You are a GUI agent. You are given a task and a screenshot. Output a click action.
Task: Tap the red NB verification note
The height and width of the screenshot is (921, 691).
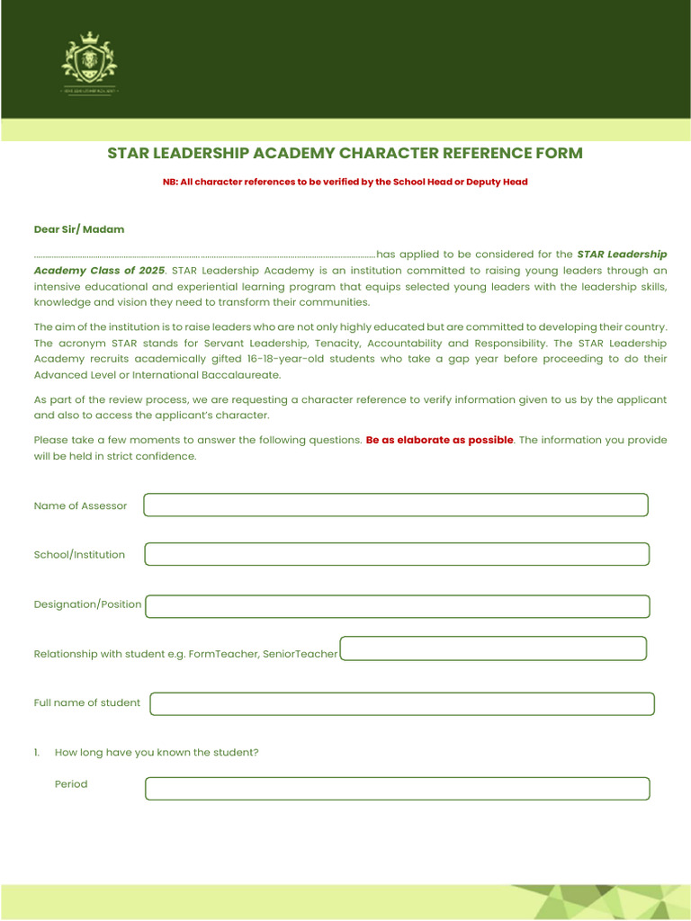coord(345,182)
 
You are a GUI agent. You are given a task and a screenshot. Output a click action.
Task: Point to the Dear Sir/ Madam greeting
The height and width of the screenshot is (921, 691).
coord(79,229)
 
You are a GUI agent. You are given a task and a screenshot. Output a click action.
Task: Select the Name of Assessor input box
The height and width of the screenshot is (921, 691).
coord(396,505)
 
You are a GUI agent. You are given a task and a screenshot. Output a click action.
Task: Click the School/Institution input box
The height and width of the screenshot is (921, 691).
coord(396,554)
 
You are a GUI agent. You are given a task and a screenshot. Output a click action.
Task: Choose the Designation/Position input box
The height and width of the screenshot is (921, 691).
coord(397,606)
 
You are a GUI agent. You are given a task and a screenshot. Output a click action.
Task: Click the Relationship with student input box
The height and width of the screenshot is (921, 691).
coord(493,648)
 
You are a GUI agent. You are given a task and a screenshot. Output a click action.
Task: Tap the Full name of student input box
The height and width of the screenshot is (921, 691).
coord(401,703)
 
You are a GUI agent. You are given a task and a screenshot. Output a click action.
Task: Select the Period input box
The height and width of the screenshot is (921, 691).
coord(397,789)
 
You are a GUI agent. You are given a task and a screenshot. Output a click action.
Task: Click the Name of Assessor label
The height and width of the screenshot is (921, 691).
coord(80,505)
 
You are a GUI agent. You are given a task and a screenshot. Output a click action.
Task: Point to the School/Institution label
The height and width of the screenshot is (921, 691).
coord(79,555)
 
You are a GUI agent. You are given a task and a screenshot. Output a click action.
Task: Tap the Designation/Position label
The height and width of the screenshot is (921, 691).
coord(87,604)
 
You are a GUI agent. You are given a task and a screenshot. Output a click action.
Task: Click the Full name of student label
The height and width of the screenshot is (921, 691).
coord(86,702)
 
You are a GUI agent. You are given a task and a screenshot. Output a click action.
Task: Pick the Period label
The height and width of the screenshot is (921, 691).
coord(71,784)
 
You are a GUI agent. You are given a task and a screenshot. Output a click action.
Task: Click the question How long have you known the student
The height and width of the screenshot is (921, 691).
coord(157,752)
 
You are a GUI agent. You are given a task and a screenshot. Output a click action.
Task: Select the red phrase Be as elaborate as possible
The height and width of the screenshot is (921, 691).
coord(439,440)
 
